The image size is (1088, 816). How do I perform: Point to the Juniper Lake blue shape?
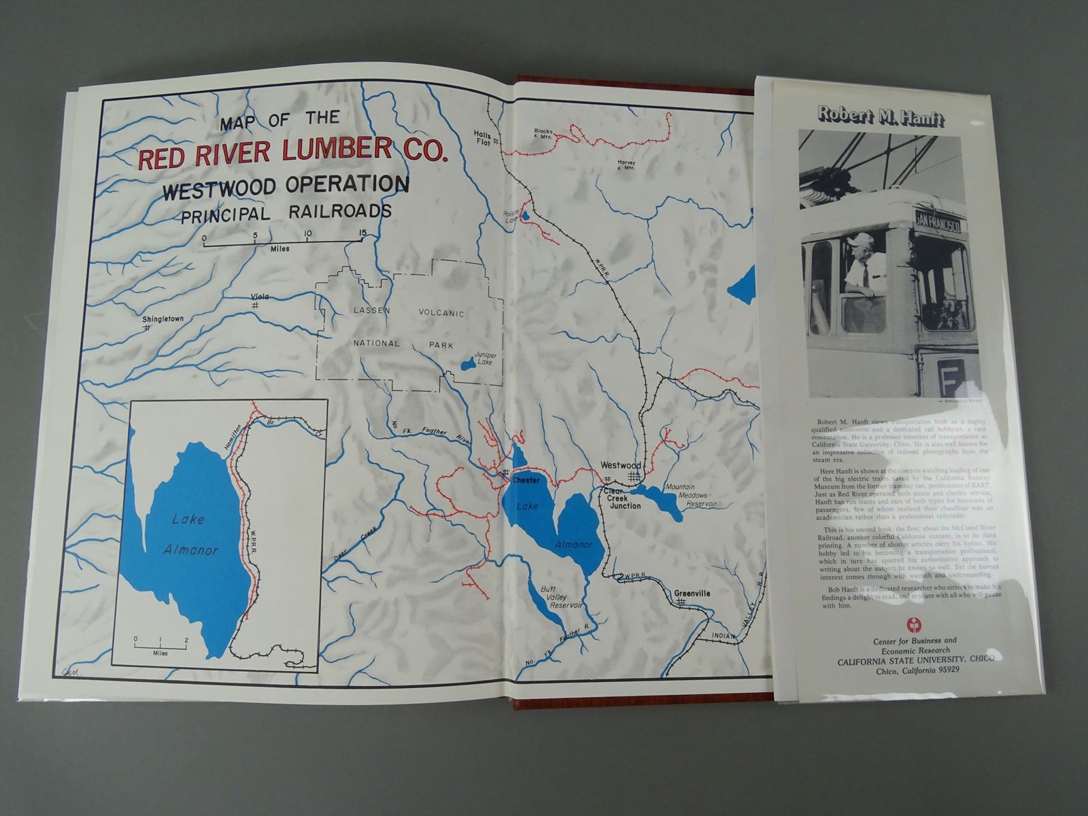click(466, 365)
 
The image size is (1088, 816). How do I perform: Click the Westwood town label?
click(620, 465)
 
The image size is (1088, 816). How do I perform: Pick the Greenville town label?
click(692, 593)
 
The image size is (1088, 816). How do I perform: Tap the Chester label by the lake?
click(526, 480)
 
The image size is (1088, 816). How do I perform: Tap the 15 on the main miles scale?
click(362, 234)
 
